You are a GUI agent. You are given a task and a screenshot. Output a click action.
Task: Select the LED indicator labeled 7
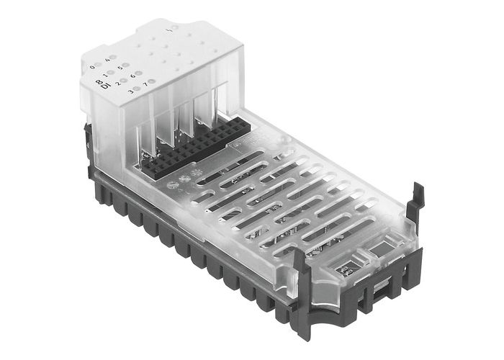[153, 82]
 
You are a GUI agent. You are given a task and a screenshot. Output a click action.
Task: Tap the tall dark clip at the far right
[413, 209]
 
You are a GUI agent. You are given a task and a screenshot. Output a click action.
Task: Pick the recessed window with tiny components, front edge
[343, 267]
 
